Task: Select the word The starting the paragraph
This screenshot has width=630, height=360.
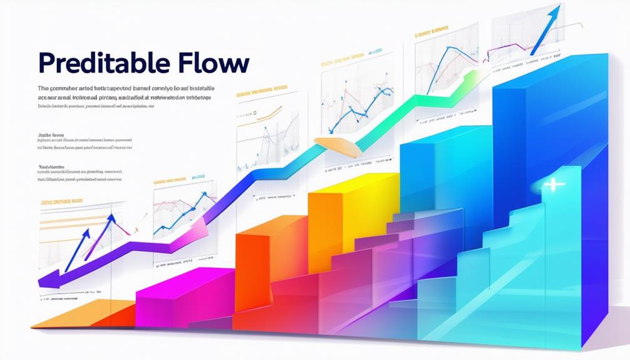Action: [44, 89]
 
